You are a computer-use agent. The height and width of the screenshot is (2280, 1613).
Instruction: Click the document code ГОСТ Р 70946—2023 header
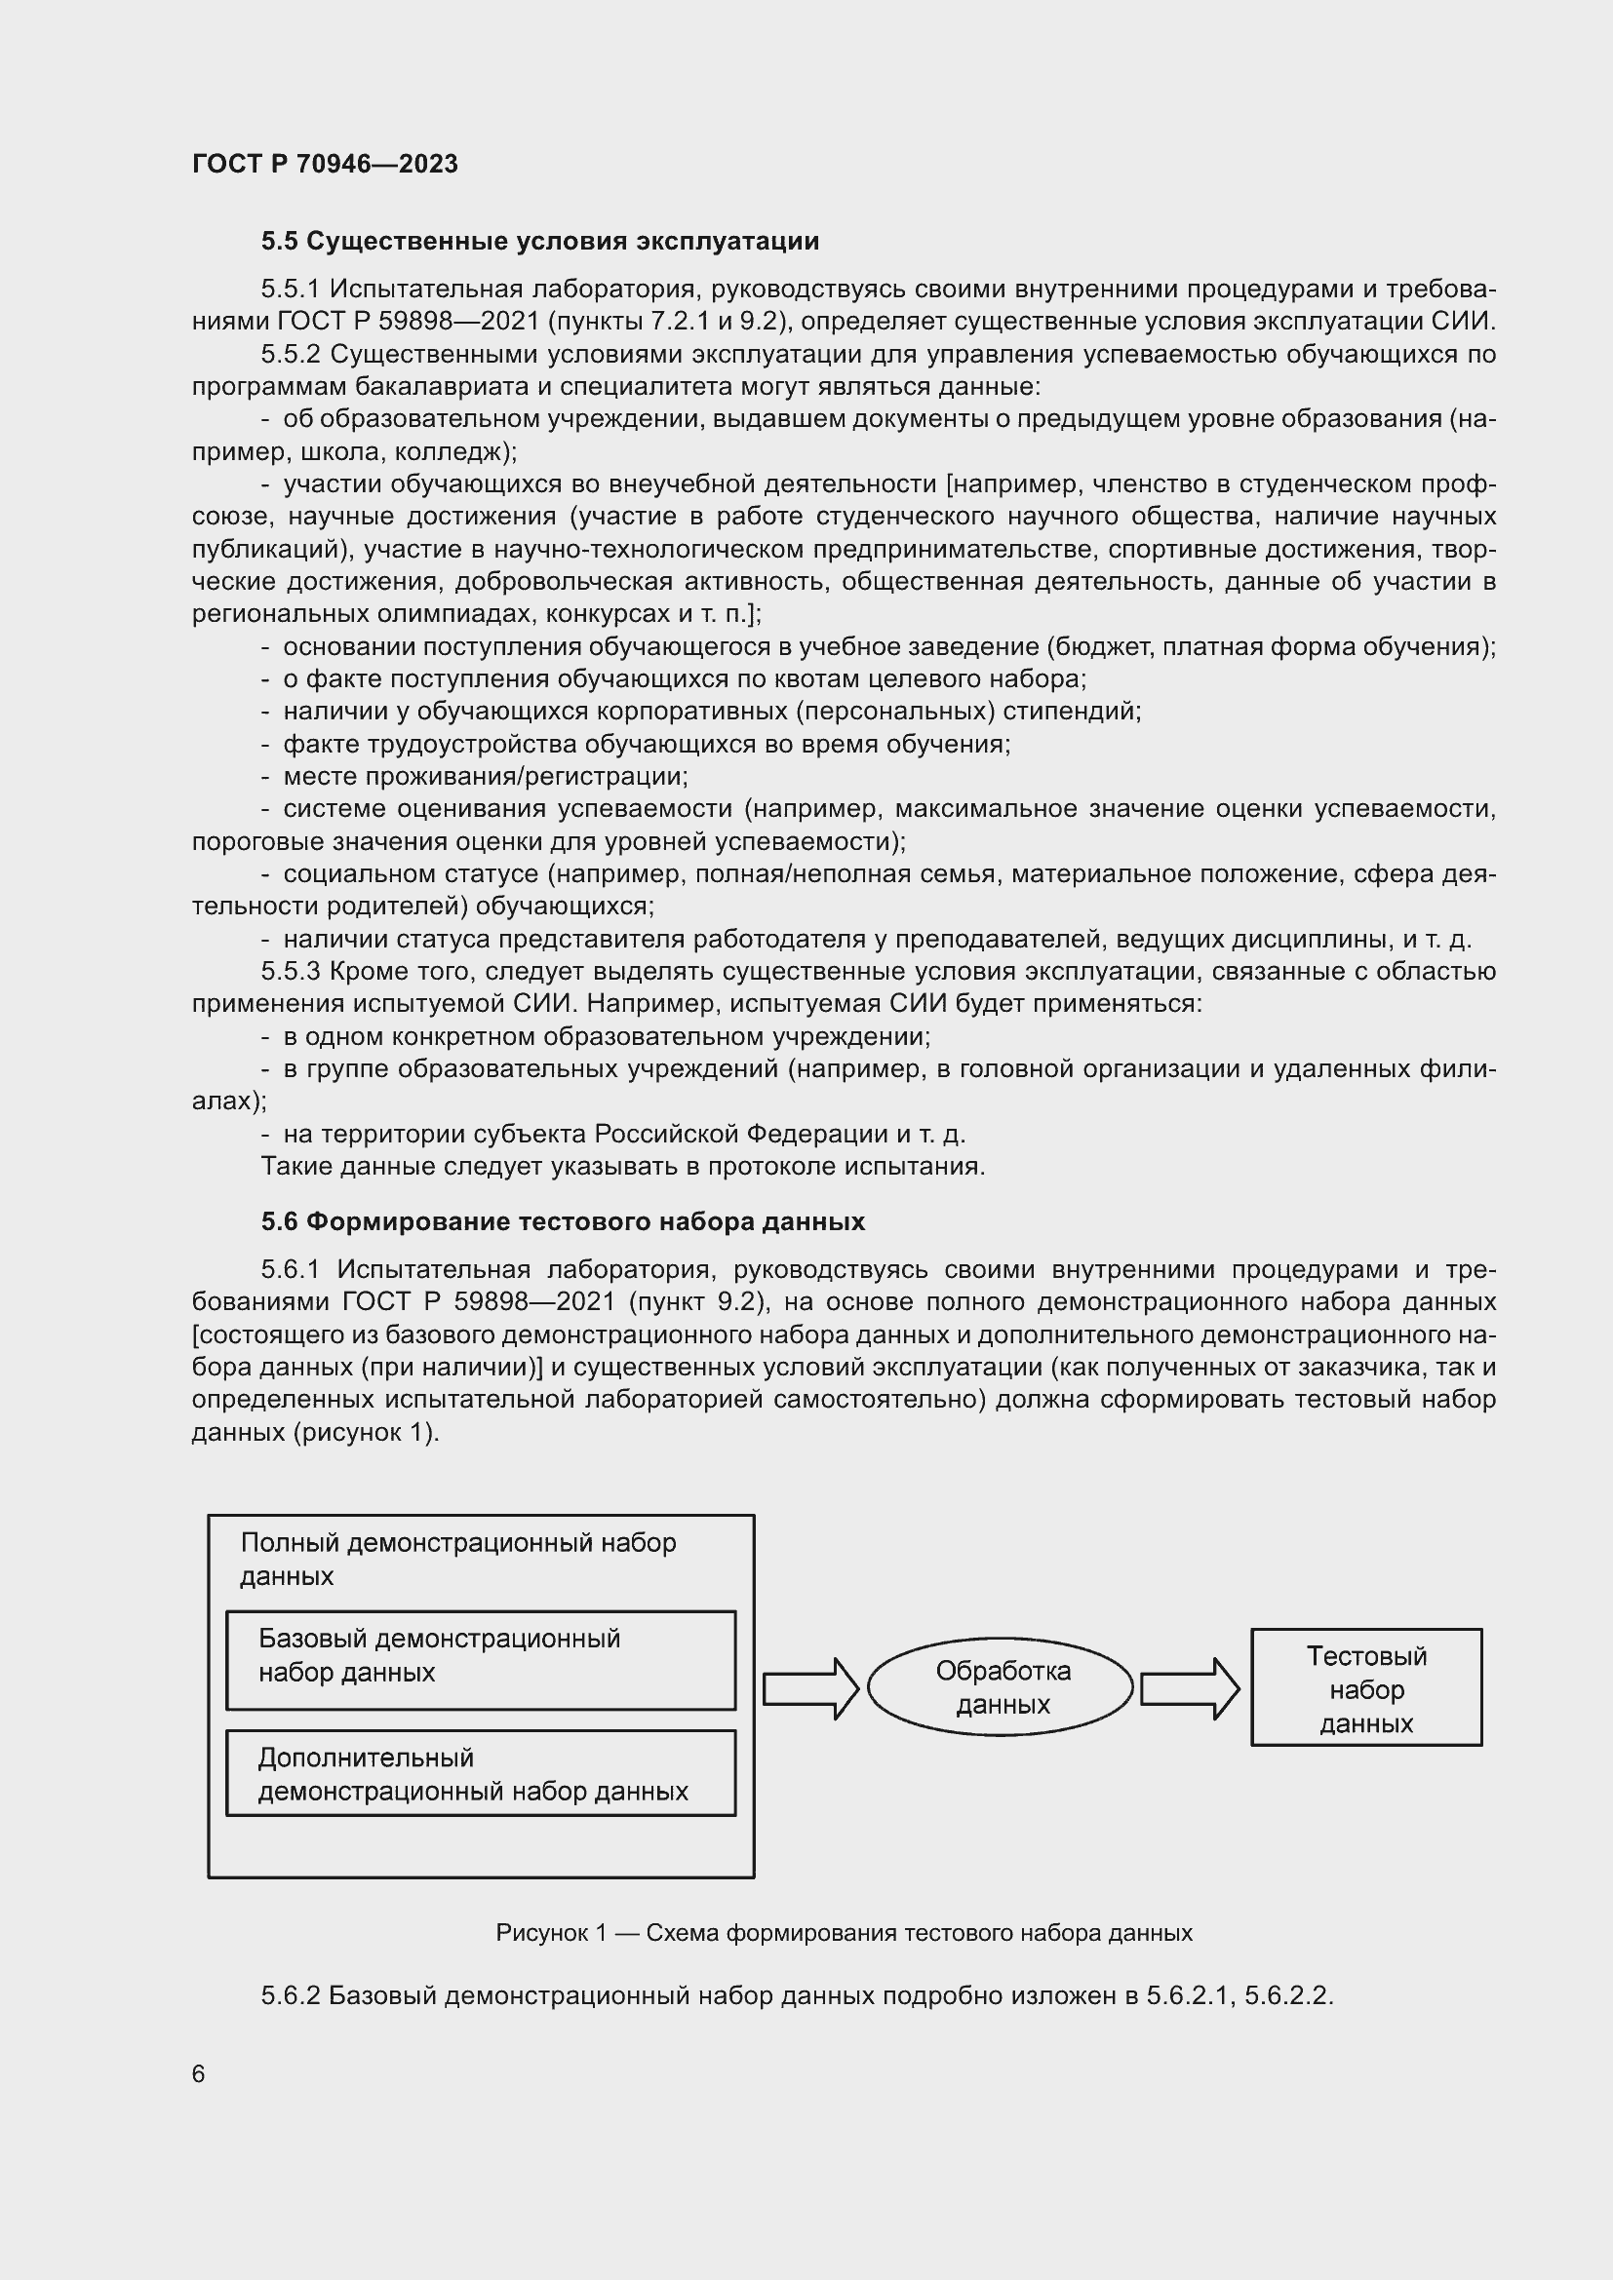pos(325,164)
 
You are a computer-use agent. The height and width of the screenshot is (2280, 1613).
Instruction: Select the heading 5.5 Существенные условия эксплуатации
pos(539,242)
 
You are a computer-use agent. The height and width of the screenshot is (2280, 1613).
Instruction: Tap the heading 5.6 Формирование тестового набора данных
pos(562,1221)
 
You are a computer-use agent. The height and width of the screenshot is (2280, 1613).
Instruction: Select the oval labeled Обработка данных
pos(1001,1688)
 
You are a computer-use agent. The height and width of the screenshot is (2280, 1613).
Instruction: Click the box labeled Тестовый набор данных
pos(1365,1688)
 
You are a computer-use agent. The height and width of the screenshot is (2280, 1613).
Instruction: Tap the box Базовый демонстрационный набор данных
pos(481,1660)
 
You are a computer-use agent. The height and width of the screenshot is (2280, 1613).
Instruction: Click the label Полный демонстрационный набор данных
pos(458,1559)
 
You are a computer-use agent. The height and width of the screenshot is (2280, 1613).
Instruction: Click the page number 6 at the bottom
pos(199,2074)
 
